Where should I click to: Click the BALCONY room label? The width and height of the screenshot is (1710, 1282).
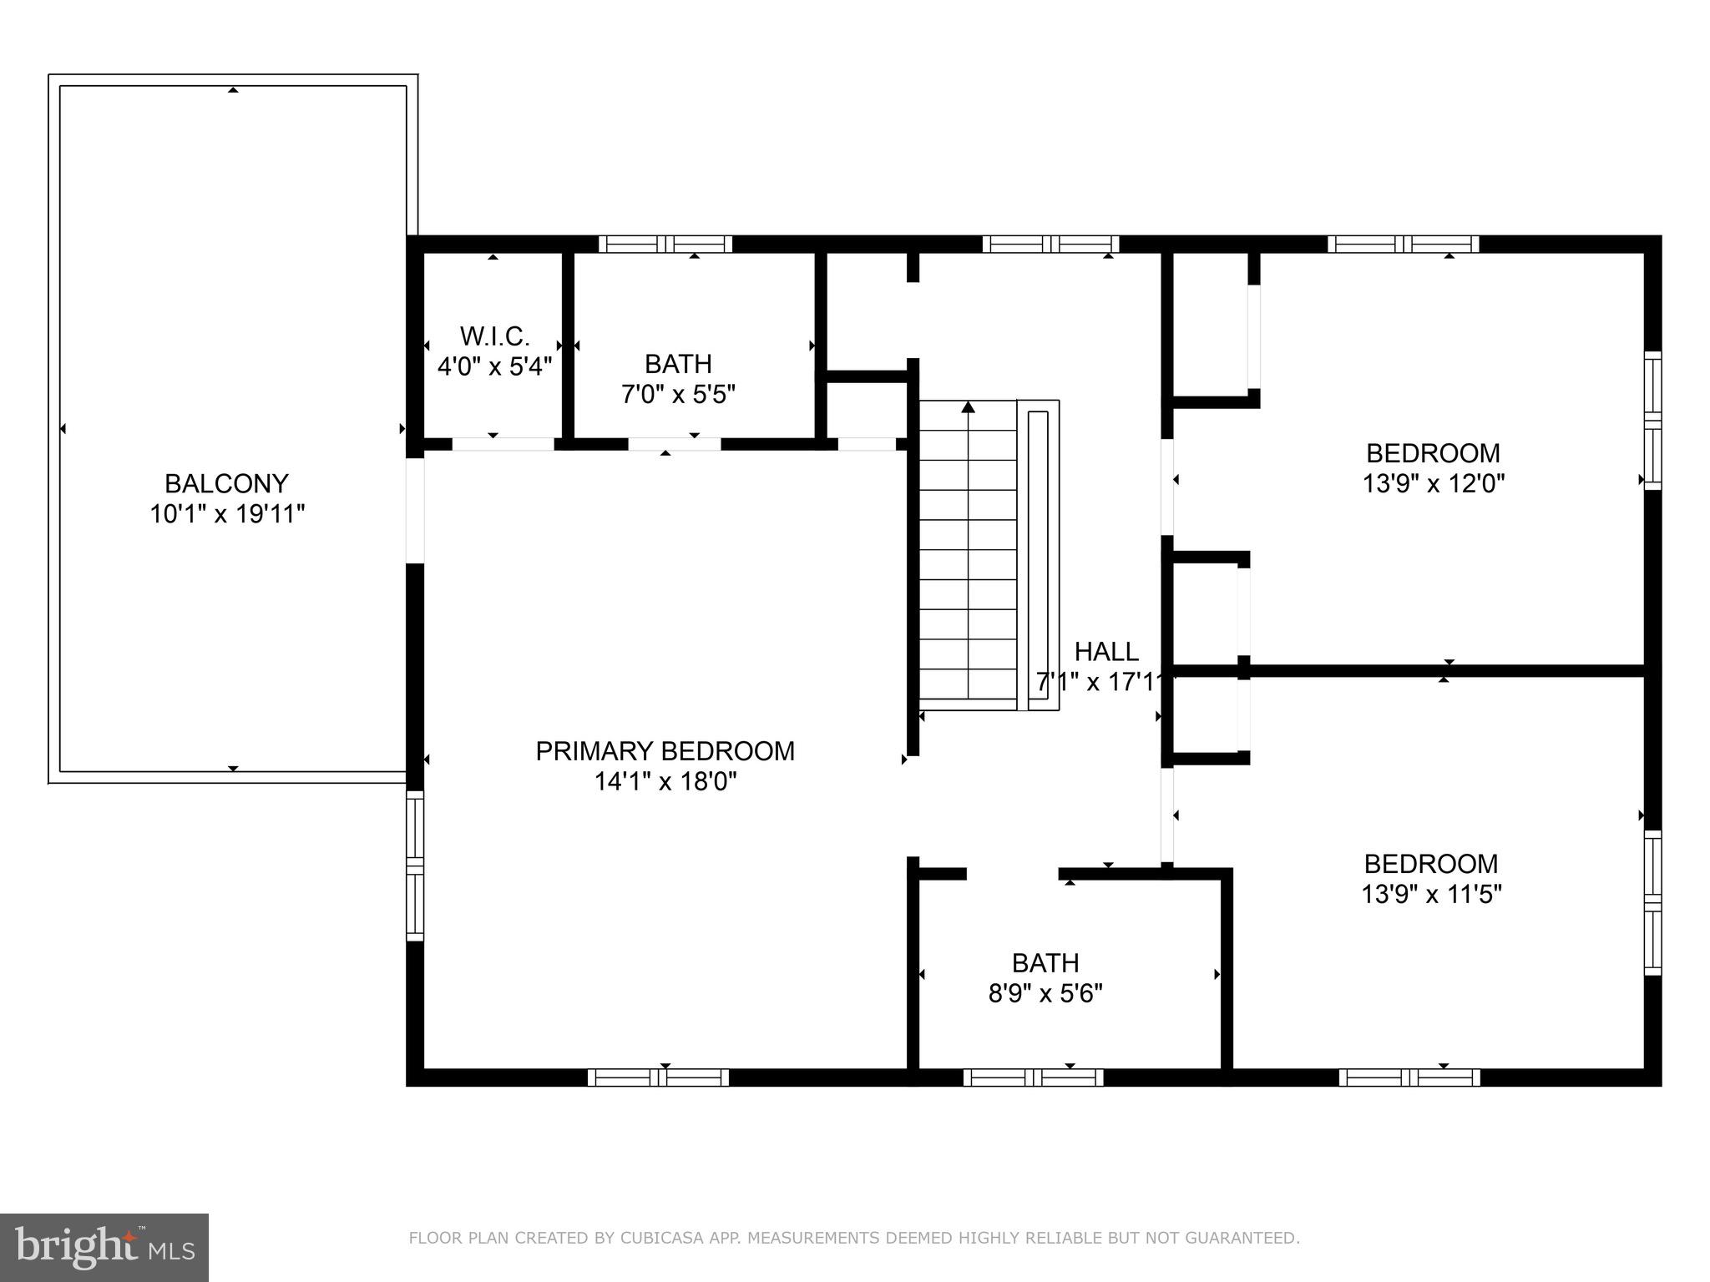[x=226, y=483]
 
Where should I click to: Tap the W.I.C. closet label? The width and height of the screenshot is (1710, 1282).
[x=494, y=336]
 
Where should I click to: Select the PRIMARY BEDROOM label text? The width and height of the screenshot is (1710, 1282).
[x=665, y=751]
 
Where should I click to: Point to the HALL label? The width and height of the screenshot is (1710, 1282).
[x=1106, y=651]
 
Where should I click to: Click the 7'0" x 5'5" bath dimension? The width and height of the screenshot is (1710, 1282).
[x=678, y=394]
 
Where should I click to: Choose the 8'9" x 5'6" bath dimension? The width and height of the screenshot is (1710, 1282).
[x=1045, y=993]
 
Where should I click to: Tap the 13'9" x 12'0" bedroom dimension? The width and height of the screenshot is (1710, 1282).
[x=1434, y=483]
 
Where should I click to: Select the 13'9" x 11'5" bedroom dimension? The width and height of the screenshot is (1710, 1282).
[x=1432, y=894]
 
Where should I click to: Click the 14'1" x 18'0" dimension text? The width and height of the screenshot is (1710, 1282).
[x=665, y=781]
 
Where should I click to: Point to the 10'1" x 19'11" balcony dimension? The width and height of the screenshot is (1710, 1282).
[x=227, y=513]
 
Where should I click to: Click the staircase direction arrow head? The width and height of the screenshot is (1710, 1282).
[x=969, y=407]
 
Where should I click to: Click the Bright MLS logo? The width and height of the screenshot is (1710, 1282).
[x=104, y=1248]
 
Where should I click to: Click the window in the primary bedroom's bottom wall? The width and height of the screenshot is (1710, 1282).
[x=658, y=1078]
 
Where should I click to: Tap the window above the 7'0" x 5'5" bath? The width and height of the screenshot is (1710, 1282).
[x=665, y=245]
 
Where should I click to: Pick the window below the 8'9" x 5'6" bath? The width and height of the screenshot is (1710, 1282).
[x=1034, y=1078]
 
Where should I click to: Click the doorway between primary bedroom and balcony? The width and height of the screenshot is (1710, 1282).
[x=415, y=511]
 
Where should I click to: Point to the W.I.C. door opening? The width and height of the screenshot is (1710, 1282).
[x=503, y=444]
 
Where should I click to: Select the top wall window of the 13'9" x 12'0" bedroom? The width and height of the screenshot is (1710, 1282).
[x=1404, y=245]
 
